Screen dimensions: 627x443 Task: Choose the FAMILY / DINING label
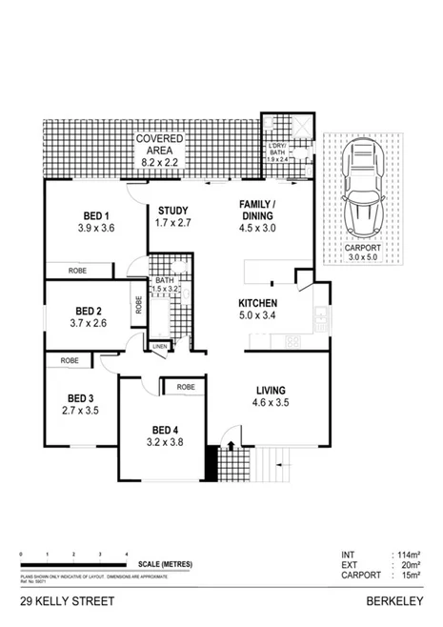257,212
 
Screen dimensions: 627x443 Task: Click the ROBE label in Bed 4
185,387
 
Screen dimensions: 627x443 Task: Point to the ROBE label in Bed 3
69,361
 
